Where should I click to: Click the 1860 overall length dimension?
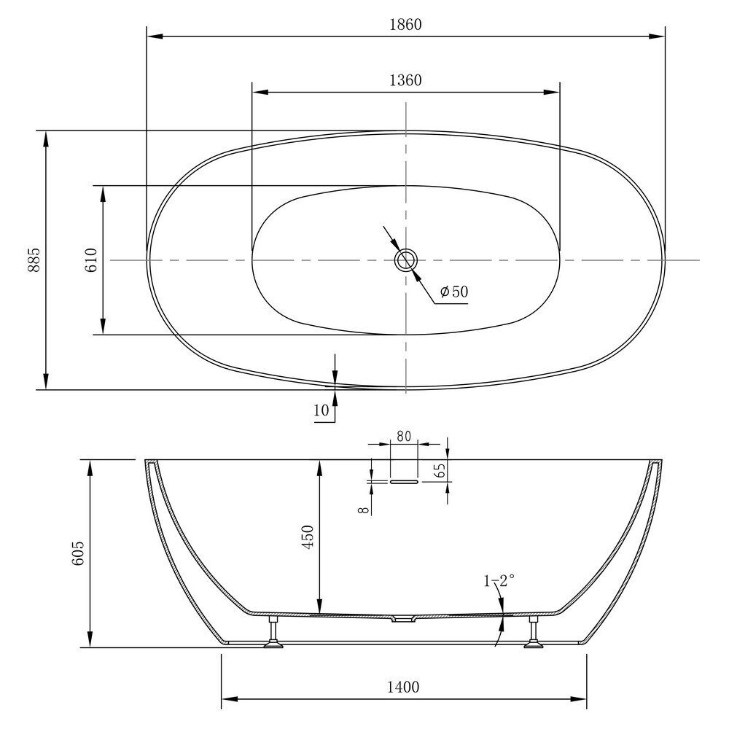coord(405,24)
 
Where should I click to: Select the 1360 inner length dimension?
coord(405,80)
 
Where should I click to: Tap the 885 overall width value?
coord(34,260)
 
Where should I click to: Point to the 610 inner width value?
coord(91,260)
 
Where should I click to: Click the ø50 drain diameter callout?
coord(454,292)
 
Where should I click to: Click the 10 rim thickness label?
coord(321,410)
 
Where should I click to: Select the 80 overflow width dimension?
coord(404,436)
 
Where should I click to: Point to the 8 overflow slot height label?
coord(364,510)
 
